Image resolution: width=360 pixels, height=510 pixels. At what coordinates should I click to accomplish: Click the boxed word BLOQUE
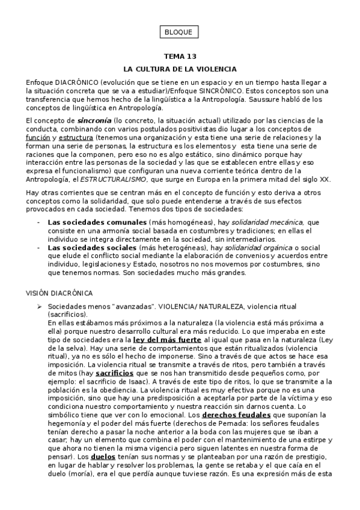coord(180,32)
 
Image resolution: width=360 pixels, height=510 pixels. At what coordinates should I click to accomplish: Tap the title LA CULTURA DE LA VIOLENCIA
coord(180,69)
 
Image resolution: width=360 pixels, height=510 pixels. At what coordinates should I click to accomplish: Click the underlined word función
coord(38,137)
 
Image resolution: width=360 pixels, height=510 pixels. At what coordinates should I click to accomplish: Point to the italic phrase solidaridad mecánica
coord(275,223)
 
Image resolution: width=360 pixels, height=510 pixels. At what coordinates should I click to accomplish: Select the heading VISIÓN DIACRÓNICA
coord(59,293)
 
